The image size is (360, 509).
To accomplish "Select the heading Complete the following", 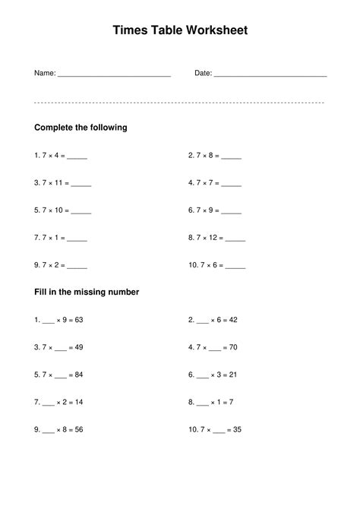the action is tap(81, 128).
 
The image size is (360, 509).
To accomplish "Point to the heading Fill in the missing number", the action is tap(87, 292).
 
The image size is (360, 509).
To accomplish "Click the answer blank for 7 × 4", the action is tap(77, 157).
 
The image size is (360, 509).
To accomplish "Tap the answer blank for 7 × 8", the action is tap(232, 157).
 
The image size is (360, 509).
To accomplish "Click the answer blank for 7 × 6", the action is tap(235, 267).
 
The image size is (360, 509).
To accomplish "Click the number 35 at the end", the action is tap(236, 429).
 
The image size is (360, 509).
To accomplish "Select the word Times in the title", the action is tap(129, 30).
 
